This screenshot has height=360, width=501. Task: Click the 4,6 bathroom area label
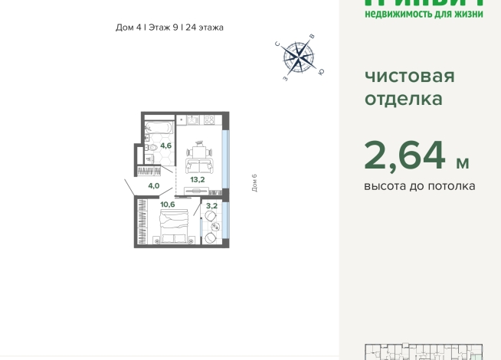(165, 143)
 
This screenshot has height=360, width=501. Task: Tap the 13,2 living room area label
(198, 180)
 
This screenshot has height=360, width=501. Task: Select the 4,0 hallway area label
(153, 185)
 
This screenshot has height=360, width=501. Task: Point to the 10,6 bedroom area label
(168, 204)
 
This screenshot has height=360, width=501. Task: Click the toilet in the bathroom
(154, 146)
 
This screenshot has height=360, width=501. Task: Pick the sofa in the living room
(200, 167)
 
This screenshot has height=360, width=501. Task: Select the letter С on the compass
(278, 44)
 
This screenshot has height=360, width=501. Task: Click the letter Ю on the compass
(321, 72)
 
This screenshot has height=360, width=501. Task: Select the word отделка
(403, 99)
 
